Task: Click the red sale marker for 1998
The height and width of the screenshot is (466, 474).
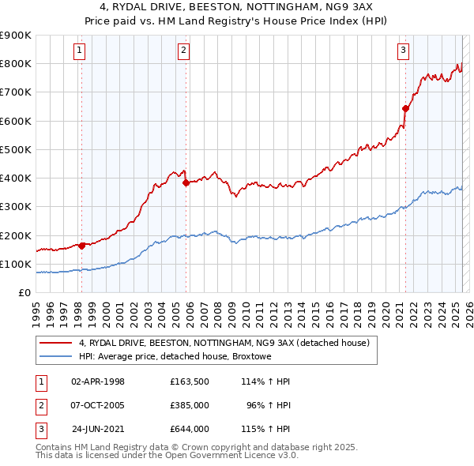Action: pos(81,245)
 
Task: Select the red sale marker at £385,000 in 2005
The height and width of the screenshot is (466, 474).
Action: pos(186,182)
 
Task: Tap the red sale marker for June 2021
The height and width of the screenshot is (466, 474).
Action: pos(405,108)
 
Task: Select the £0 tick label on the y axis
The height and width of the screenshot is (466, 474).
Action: pos(25,292)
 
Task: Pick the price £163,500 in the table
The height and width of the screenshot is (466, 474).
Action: pos(189,381)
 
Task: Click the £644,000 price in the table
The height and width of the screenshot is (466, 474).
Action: pos(189,429)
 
